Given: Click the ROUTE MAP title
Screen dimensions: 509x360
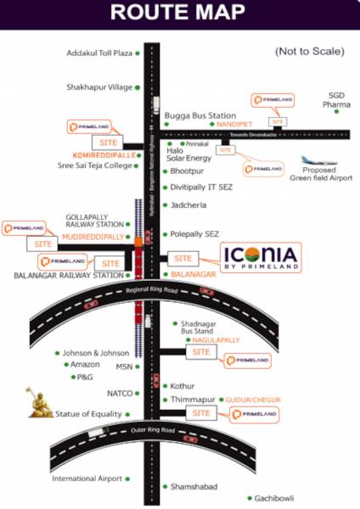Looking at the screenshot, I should (x=179, y=13).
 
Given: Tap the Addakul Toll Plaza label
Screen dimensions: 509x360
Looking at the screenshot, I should (x=99, y=53).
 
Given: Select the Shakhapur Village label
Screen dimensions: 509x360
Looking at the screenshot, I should (x=99, y=87).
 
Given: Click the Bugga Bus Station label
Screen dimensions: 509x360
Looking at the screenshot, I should (x=200, y=115).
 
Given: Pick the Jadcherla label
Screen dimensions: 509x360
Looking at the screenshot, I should (x=189, y=205).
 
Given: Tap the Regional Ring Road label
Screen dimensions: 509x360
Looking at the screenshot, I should (x=149, y=290).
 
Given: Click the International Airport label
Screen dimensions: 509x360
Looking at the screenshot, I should (x=87, y=479).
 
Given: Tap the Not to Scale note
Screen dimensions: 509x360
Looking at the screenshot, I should (x=309, y=52).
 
